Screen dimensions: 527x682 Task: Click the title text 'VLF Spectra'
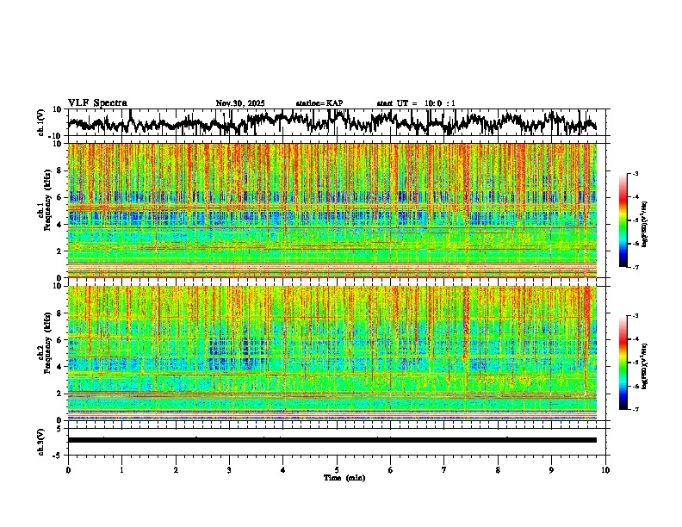coord(97,103)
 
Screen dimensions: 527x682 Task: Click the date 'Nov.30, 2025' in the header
coord(240,103)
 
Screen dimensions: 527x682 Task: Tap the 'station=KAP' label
coord(319,103)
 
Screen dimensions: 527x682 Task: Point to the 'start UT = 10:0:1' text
coord(416,103)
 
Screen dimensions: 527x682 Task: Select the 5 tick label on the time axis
coord(337,470)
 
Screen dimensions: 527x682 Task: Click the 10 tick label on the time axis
coord(605,470)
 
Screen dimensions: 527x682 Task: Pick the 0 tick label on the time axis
coord(68,470)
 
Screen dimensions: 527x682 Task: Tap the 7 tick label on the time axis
coord(444,470)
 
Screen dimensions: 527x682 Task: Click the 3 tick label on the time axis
coord(229,470)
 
